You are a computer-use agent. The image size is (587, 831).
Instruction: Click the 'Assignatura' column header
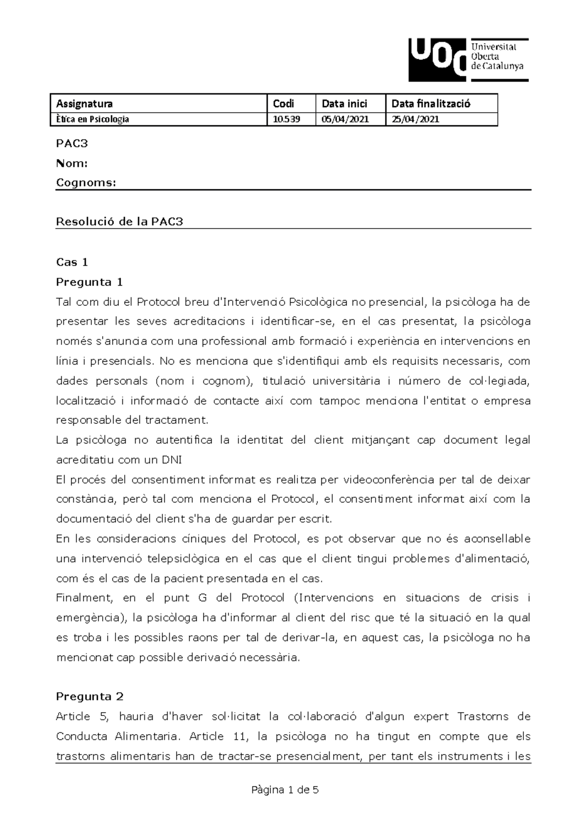tap(84, 103)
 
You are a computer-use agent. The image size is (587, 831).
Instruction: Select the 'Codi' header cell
tap(283, 103)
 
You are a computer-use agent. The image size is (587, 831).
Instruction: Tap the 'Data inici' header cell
tap(344, 103)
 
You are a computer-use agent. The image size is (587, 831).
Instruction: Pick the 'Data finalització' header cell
tap(430, 103)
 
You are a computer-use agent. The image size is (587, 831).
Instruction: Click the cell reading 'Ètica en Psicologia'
tap(92, 119)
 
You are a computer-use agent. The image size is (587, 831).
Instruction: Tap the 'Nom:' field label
tap(72, 163)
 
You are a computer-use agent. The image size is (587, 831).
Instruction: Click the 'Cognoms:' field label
tap(86, 183)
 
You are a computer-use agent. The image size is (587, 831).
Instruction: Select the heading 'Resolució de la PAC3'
tap(119, 222)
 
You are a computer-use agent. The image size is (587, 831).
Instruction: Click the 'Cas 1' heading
tap(72, 262)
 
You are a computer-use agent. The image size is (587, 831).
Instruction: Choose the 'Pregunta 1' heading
tap(90, 282)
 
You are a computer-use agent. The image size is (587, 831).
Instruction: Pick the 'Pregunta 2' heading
tap(90, 696)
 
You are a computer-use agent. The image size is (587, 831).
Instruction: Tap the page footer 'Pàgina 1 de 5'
tap(285, 789)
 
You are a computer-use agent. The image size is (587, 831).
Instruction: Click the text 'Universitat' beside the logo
tap(493, 47)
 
